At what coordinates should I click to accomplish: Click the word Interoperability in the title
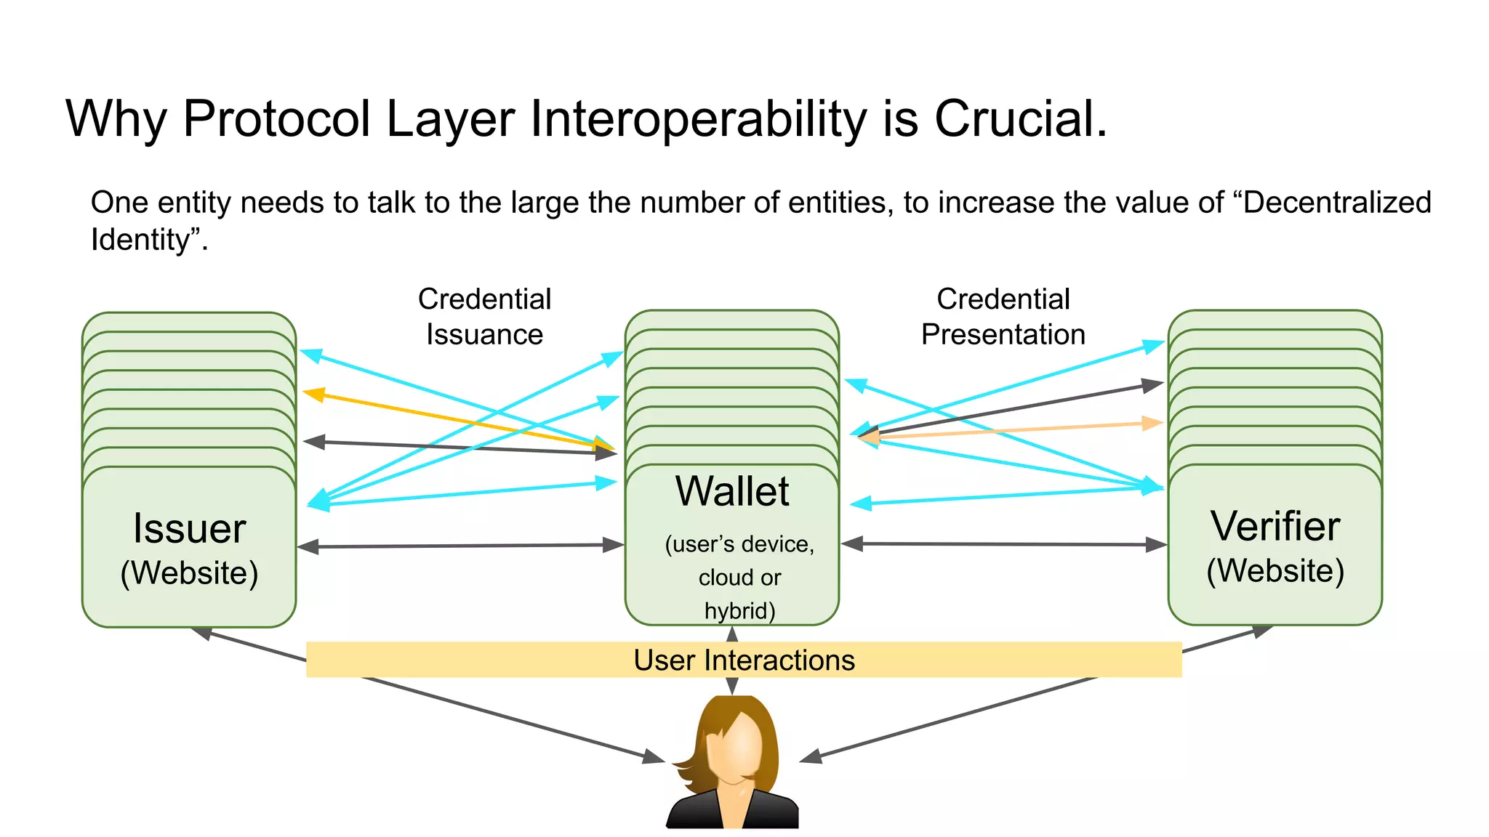coord(698,118)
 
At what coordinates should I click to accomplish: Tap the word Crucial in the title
coord(1019,118)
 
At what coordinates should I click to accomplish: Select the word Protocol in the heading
coord(277,118)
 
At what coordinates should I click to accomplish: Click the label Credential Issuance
coord(484,317)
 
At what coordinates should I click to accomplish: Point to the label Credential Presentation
coord(1003,317)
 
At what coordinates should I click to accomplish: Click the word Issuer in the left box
coord(189,528)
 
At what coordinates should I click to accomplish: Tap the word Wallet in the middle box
coord(732,491)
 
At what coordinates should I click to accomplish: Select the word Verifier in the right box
coord(1275,526)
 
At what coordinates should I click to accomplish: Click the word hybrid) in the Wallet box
coord(739,610)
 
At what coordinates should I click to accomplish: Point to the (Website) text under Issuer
coord(189,573)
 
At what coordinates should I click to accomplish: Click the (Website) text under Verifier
coord(1275,570)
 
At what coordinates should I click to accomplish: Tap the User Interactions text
coord(744,660)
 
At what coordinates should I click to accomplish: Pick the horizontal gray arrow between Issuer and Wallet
coord(460,546)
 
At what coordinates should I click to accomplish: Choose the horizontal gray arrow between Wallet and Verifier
coord(1003,543)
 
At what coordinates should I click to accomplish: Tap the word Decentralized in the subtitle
coord(1337,203)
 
